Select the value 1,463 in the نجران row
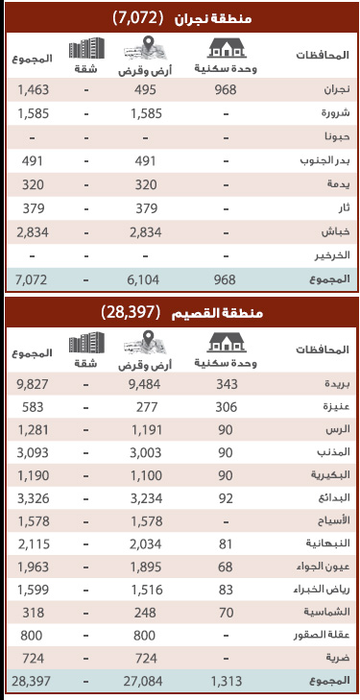pos(34,91)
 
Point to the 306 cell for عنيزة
pos(226,405)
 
